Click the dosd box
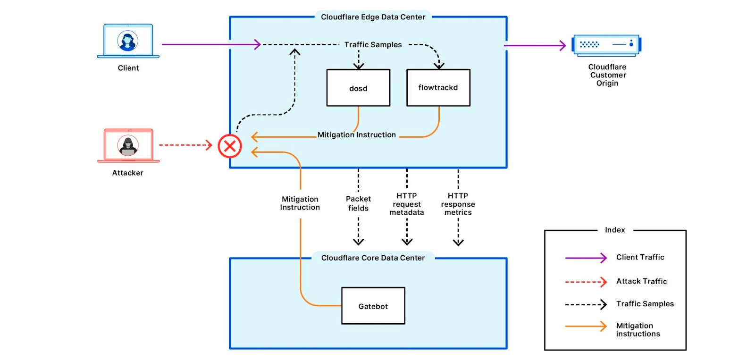pyautogui.click(x=358, y=88)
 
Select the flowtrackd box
pyautogui.click(x=438, y=88)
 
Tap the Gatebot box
pyautogui.click(x=373, y=306)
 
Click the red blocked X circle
pyautogui.click(x=230, y=146)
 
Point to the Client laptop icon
pyautogui.click(x=128, y=42)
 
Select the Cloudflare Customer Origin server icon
pyautogui.click(x=606, y=45)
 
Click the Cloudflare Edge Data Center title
pyautogui.click(x=373, y=17)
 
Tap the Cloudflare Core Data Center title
pyautogui.click(x=373, y=258)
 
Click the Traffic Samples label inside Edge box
pyautogui.click(x=373, y=45)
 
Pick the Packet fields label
pyautogui.click(x=358, y=203)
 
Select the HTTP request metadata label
pyautogui.click(x=406, y=204)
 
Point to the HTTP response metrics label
pyautogui.click(x=458, y=204)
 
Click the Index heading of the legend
pyautogui.click(x=615, y=230)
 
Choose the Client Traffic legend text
pyautogui.click(x=640, y=257)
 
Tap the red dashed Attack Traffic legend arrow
pyautogui.click(x=586, y=282)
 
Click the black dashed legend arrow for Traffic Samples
pyautogui.click(x=586, y=304)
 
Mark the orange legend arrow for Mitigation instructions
pyautogui.click(x=586, y=326)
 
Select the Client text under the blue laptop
pyautogui.click(x=128, y=68)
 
